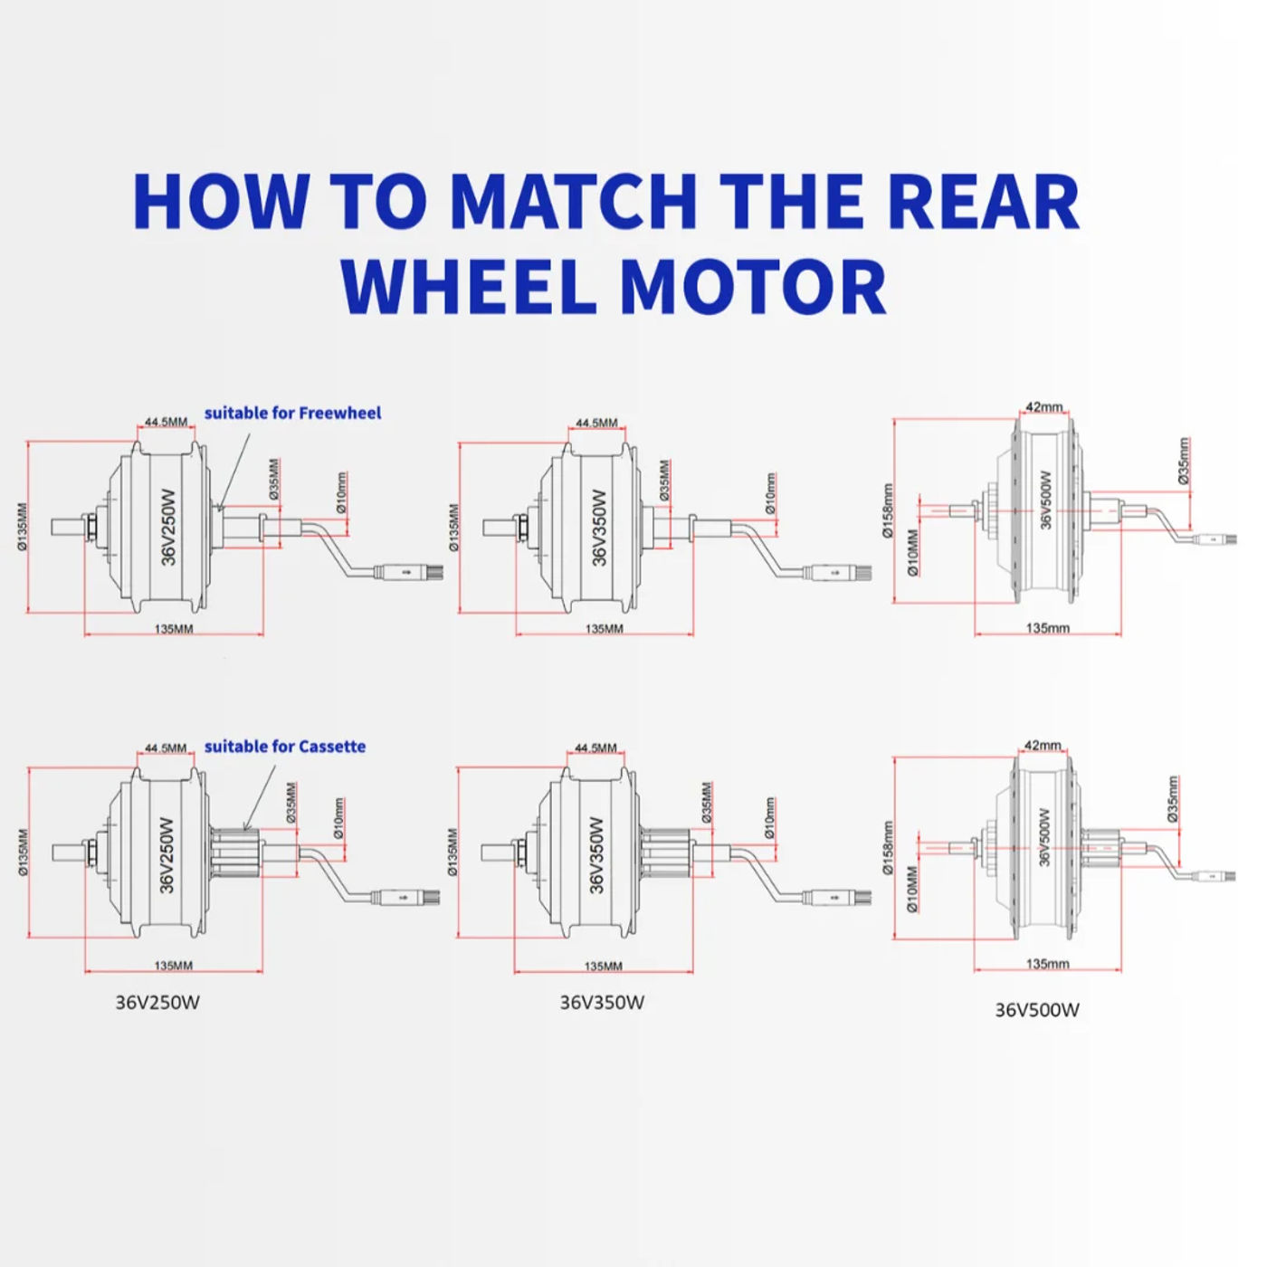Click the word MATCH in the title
point(573,201)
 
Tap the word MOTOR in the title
point(753,288)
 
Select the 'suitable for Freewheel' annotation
point(292,414)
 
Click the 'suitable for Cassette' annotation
point(285,747)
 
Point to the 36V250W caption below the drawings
point(157,1003)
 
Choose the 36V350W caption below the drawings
point(602,1003)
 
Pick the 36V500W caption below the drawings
point(1037,1011)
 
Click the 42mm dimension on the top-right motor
point(1044,407)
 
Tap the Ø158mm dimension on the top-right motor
point(888,510)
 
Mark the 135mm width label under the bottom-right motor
point(1047,964)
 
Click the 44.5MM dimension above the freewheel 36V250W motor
point(167,423)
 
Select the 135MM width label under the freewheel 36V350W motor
point(604,629)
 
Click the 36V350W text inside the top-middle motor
point(599,528)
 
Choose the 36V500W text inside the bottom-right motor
point(1043,837)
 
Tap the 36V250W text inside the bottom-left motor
point(167,855)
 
